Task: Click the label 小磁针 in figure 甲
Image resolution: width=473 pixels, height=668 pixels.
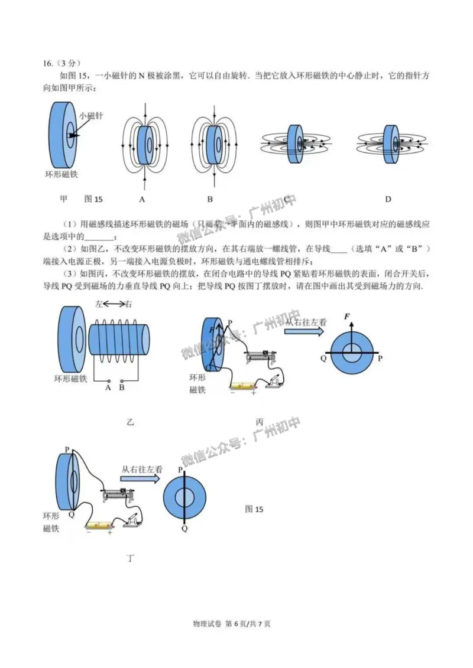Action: pyautogui.click(x=91, y=116)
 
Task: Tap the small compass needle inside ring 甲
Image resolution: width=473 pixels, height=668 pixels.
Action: pyautogui.click(x=71, y=135)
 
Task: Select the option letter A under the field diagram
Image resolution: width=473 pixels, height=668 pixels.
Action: pyautogui.click(x=142, y=199)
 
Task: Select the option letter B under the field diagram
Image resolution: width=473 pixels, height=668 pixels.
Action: pyautogui.click(x=210, y=199)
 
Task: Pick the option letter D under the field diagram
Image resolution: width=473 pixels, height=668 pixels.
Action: pyautogui.click(x=388, y=199)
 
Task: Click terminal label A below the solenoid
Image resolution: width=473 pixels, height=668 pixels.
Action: pyautogui.click(x=108, y=387)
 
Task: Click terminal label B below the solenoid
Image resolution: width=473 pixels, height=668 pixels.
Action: pyautogui.click(x=122, y=387)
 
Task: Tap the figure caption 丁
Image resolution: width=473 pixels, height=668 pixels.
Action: pyautogui.click(x=130, y=558)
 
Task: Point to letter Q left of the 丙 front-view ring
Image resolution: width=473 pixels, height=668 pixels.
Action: pyautogui.click(x=323, y=358)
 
